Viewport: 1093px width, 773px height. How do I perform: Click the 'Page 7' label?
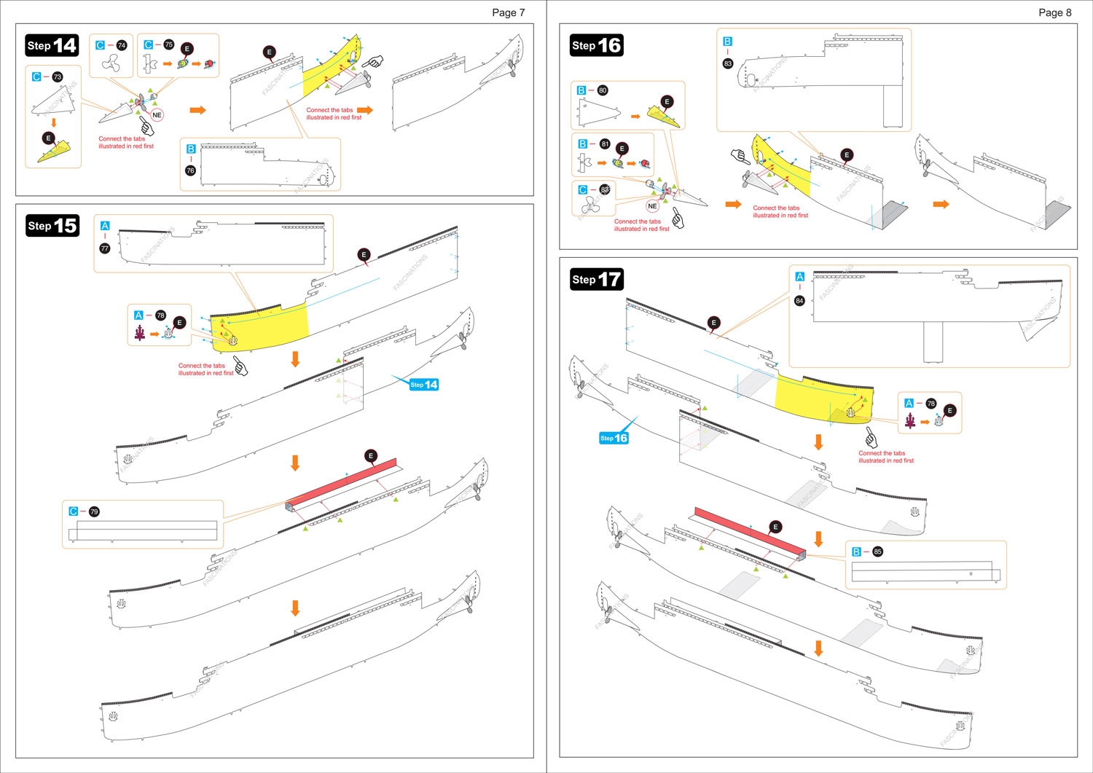click(508, 12)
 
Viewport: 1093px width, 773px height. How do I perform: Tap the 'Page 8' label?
click(1054, 12)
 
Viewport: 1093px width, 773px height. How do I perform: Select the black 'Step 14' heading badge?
click(52, 45)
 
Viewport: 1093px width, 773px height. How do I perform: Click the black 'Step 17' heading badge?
click(596, 279)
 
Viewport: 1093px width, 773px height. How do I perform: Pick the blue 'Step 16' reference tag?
click(614, 438)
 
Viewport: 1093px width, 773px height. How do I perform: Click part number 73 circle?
click(58, 76)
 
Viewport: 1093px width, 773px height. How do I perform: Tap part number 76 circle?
click(190, 170)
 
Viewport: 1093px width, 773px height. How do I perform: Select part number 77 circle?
click(105, 248)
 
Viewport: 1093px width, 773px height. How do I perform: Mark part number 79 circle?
click(94, 511)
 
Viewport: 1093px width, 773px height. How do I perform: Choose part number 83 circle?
click(727, 63)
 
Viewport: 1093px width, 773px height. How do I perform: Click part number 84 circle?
click(799, 300)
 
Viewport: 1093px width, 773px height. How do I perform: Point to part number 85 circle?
click(877, 552)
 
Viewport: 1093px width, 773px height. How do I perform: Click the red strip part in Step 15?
click(342, 484)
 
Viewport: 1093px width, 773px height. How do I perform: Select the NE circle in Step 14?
click(157, 115)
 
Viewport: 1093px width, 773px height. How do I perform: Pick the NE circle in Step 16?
click(652, 206)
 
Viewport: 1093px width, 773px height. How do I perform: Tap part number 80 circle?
click(603, 90)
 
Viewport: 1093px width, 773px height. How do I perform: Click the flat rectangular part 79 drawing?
click(146, 530)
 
